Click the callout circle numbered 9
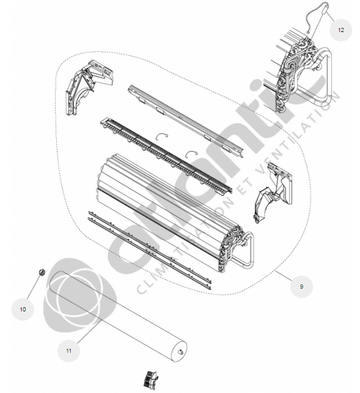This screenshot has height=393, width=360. pos(301,287)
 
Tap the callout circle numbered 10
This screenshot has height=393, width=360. pos(23,309)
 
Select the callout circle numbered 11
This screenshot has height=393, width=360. pos(69,351)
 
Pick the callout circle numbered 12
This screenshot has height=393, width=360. pos(341,30)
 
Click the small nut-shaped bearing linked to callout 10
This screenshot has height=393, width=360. pos(42,272)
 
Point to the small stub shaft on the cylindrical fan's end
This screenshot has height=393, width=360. pos(180,352)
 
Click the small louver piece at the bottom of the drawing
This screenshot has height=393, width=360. pos(150,379)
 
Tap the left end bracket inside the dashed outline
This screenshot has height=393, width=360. pos(88,86)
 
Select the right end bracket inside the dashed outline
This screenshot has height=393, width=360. pos(273,192)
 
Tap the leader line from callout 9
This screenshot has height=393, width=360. pos(283,275)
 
